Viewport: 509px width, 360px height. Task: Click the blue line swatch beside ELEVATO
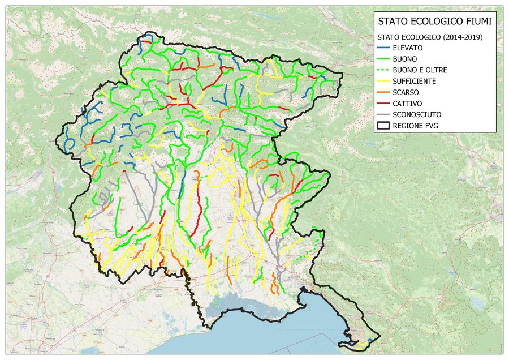click(383, 48)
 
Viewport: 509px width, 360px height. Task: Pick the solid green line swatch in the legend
click(383, 59)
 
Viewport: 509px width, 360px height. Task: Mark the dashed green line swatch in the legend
click(383, 70)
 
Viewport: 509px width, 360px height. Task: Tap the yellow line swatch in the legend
click(383, 81)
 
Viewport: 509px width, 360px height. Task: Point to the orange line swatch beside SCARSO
click(383, 92)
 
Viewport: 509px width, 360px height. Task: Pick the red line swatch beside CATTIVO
click(383, 104)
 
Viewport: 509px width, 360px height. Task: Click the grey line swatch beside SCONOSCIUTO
click(383, 114)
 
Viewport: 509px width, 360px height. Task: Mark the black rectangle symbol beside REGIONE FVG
click(383, 126)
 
